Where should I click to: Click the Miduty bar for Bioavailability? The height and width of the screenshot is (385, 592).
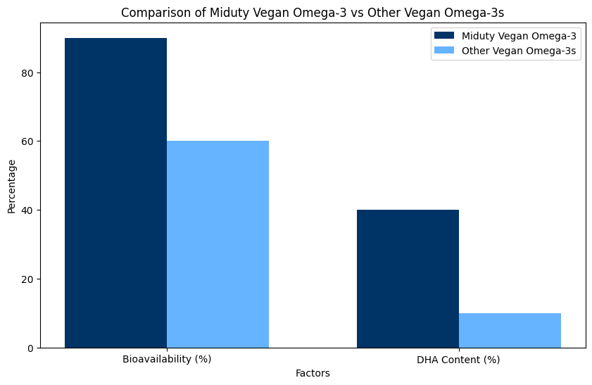[x=115, y=193]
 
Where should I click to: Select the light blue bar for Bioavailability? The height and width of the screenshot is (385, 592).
[x=218, y=244]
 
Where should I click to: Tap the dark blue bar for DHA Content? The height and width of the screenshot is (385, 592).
[x=408, y=279]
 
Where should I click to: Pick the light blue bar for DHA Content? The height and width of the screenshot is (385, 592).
[x=510, y=330]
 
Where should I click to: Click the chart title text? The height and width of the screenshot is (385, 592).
[x=313, y=13]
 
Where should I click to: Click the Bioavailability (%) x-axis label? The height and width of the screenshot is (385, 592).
[x=167, y=359]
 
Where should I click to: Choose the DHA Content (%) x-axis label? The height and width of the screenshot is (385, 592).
[x=458, y=359]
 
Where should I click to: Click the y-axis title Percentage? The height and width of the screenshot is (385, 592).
[x=11, y=187]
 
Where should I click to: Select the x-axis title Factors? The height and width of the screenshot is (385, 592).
[x=313, y=373]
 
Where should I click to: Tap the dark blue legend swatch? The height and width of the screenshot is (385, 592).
[x=445, y=36]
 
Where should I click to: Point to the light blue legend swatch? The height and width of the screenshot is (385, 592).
[x=445, y=51]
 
